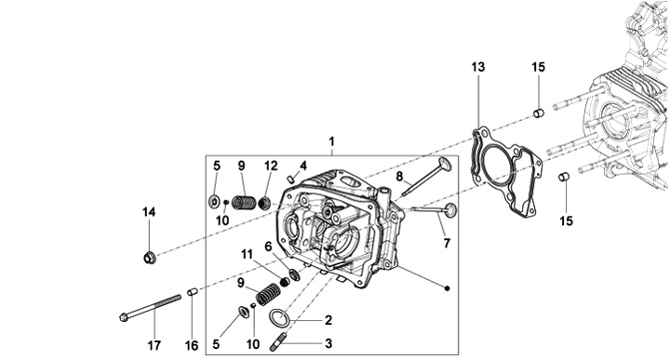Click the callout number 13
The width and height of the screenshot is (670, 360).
[x=478, y=67]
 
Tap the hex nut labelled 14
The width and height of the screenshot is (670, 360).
[x=149, y=258]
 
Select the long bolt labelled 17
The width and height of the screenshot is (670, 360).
[x=150, y=307]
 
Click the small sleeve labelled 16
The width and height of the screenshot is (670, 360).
[x=193, y=292]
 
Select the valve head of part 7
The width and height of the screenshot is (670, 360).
[x=450, y=209]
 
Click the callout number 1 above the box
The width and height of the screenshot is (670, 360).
[x=331, y=141]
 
